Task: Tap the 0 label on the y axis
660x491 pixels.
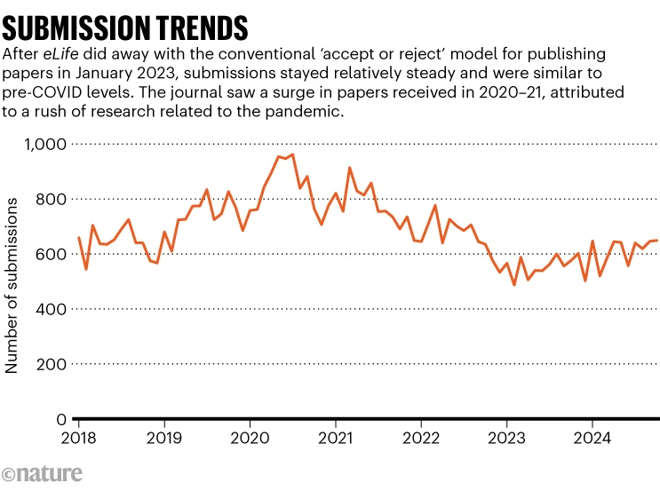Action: [61, 419]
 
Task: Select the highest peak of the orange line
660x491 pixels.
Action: [292, 154]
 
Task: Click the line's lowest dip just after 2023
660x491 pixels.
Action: [513, 285]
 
